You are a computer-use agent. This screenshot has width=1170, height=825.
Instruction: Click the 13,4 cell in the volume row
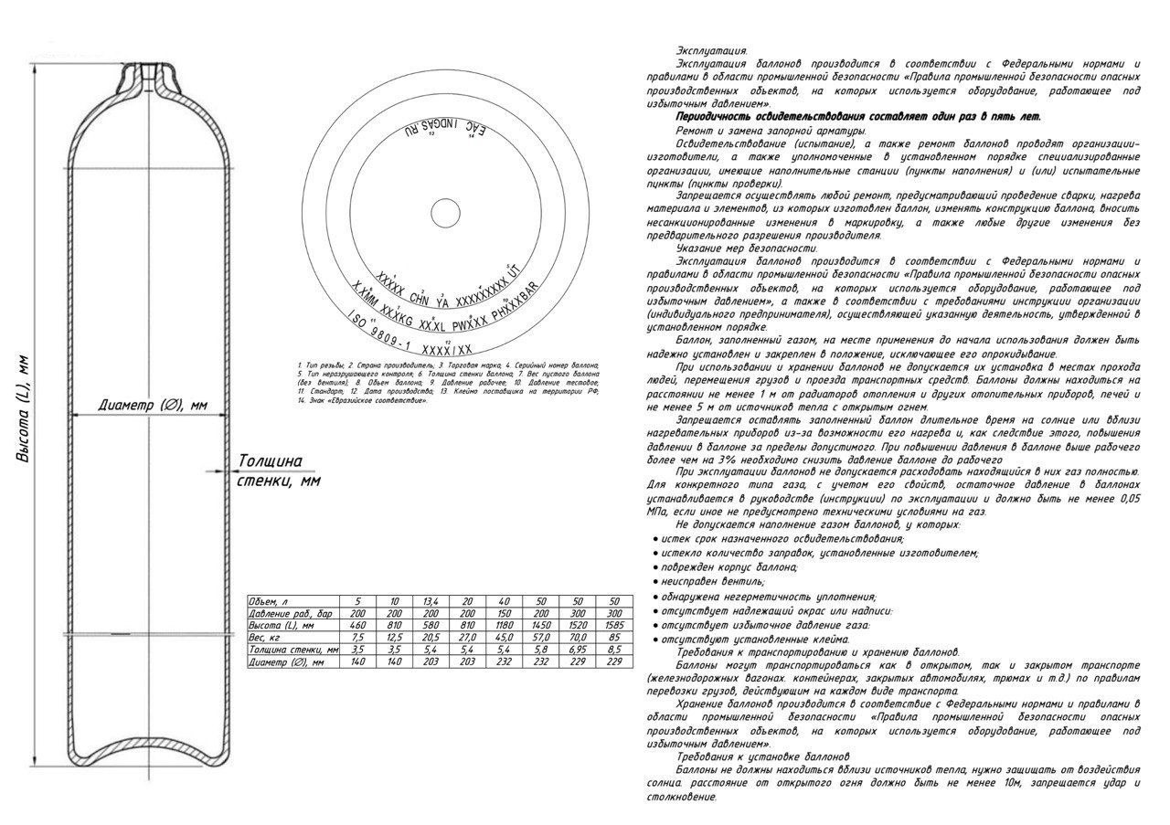431,600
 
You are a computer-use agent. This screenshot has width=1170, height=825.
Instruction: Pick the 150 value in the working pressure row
505,613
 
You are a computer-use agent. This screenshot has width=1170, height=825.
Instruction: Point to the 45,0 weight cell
505,637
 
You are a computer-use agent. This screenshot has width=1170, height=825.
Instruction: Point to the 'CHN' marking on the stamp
419,298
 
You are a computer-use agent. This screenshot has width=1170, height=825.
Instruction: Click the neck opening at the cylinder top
147,70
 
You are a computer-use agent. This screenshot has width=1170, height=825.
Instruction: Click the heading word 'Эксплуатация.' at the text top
711,50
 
